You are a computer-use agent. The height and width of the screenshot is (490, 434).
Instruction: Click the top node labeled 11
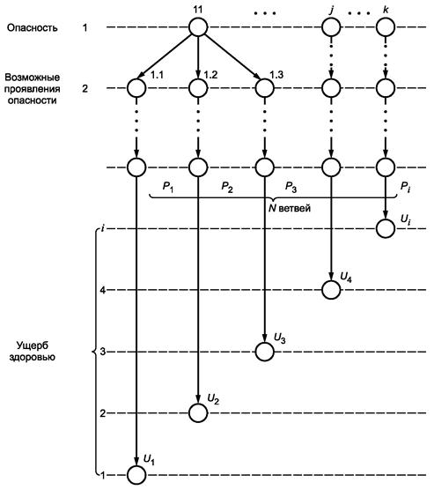198,27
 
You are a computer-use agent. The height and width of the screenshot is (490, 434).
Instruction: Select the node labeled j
331,27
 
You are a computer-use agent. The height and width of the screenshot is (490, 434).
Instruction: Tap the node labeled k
386,27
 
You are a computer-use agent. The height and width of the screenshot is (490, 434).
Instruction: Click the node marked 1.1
136,88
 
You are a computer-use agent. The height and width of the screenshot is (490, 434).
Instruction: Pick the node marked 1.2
198,88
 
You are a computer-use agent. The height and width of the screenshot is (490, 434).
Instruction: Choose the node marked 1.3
264,88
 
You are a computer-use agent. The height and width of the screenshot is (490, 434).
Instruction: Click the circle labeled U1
136,475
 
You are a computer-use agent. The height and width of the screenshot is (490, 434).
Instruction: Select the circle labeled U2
198,413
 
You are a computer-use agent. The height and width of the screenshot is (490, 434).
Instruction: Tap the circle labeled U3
264,352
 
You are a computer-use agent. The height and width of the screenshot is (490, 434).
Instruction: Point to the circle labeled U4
331,290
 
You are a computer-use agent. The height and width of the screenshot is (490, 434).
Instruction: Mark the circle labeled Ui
386,229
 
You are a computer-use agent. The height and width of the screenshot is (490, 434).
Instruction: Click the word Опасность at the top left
33,28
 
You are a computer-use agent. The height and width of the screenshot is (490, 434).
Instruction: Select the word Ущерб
33,345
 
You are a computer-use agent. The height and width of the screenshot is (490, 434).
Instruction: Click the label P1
168,187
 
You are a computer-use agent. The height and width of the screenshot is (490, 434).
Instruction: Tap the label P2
227,187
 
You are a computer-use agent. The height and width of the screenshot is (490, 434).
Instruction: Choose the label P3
291,187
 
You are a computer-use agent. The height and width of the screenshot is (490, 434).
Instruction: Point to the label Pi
405,187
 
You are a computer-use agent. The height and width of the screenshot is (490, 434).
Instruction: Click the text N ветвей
290,208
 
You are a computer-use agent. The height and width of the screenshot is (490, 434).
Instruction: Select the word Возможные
33,78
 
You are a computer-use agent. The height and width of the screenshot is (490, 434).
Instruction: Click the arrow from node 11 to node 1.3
232,56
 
